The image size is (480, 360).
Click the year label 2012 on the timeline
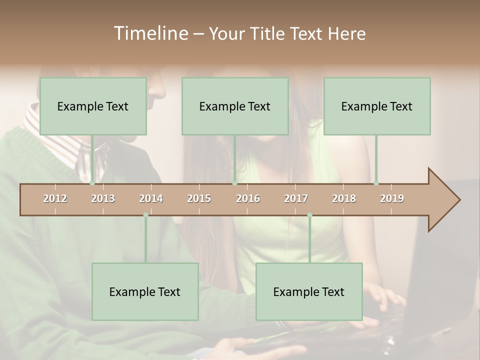click(55, 198)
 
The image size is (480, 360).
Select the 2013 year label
click(103, 198)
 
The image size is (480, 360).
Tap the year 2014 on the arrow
click(151, 198)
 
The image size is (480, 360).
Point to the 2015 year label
click(199, 198)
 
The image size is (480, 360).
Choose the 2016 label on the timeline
click(248, 198)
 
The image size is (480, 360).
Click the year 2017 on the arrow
click(296, 198)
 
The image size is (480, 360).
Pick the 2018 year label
click(344, 198)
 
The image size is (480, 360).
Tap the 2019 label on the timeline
click(392, 198)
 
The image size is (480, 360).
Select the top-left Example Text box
click(93, 106)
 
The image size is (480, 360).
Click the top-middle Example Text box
click(235, 106)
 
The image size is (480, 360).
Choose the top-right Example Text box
click(377, 106)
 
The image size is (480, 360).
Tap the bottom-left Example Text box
click(145, 291)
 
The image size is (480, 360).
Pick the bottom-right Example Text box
click(309, 291)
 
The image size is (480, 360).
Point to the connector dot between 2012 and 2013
click(92, 183)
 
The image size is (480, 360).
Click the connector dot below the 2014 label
click(145, 215)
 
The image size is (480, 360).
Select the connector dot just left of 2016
click(234, 183)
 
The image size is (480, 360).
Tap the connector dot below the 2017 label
click(309, 215)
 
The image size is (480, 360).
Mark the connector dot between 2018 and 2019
click(376, 183)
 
